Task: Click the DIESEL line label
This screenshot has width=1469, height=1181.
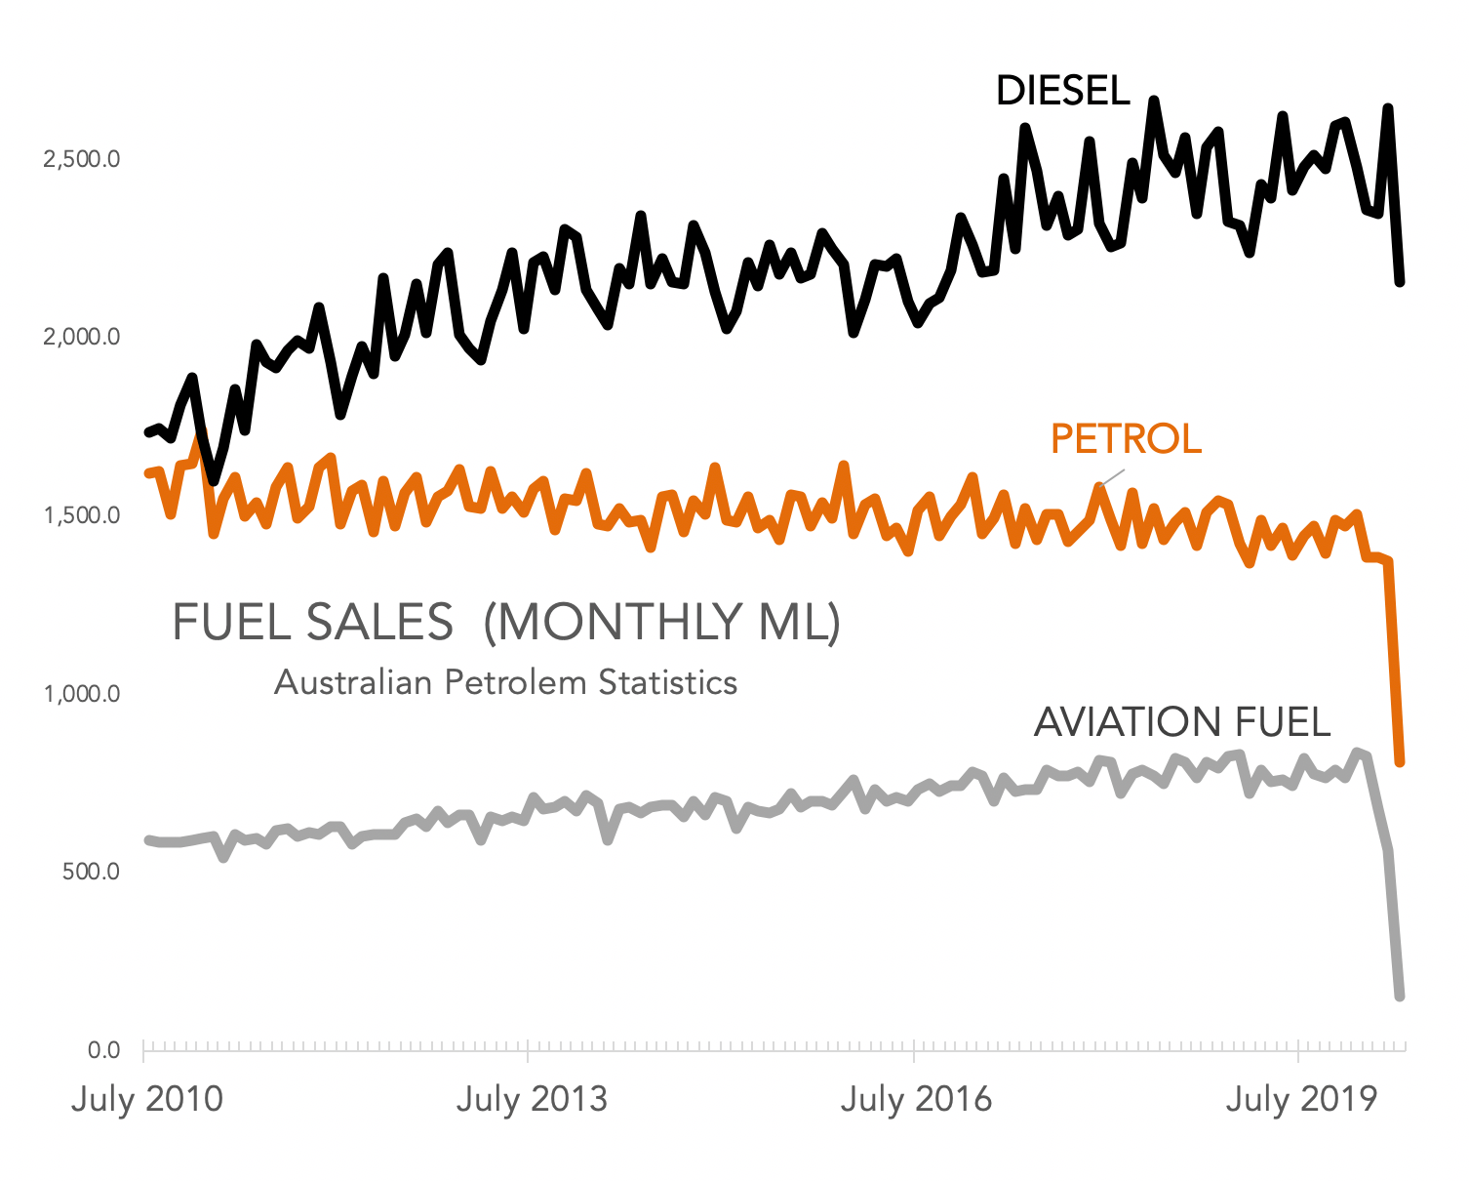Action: click(1062, 91)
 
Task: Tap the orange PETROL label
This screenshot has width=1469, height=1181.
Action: click(1126, 439)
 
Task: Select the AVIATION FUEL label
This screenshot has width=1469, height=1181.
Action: click(1182, 722)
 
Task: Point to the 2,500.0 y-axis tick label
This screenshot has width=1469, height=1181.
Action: click(82, 159)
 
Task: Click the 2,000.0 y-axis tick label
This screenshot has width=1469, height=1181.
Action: click(82, 338)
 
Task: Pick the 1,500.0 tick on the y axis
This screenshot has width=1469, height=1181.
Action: click(82, 515)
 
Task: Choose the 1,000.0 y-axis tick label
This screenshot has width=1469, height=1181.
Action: click(82, 694)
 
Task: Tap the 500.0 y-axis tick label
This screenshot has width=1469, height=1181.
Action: click(91, 872)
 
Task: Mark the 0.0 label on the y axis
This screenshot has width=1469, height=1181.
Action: click(103, 1050)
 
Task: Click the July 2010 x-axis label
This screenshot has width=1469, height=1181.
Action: click(147, 1099)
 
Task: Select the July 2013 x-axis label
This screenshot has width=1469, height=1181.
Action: click(532, 1099)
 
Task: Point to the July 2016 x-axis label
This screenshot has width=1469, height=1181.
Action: click(916, 1099)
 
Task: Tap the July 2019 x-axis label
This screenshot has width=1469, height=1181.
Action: click(1301, 1099)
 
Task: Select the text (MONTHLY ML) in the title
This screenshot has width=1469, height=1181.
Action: click(662, 622)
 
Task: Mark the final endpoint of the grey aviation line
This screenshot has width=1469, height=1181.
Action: click(1400, 996)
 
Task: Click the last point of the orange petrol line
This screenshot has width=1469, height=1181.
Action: click(1400, 761)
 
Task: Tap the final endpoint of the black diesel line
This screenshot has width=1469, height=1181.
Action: click(1400, 282)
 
